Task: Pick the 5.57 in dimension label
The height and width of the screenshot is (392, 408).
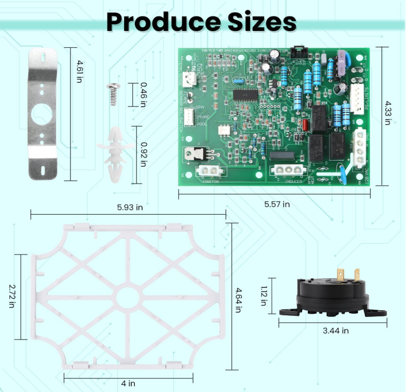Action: (277, 204)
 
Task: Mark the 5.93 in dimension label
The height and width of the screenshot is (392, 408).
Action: (129, 207)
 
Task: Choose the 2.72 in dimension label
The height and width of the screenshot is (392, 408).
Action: (11, 296)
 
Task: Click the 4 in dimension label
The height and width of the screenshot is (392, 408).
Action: (128, 383)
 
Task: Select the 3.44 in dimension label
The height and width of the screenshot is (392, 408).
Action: (335, 330)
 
